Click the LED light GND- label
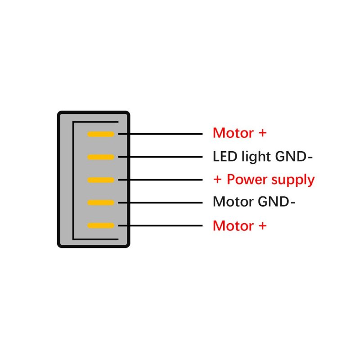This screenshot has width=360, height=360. point(263,157)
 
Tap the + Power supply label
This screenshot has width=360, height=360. point(264,180)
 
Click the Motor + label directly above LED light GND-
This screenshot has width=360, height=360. point(240,133)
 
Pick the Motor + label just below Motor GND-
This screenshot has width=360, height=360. point(240,225)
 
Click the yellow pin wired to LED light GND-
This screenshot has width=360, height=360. point(101,157)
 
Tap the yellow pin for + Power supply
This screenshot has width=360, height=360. point(101,180)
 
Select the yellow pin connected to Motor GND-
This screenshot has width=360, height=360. point(101,202)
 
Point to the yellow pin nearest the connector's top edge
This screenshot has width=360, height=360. point(101,134)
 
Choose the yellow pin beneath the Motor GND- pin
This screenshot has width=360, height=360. point(101,225)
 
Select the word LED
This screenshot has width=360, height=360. point(223,157)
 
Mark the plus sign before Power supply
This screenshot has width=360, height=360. point(218,180)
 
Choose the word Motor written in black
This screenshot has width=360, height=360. point(233,202)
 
